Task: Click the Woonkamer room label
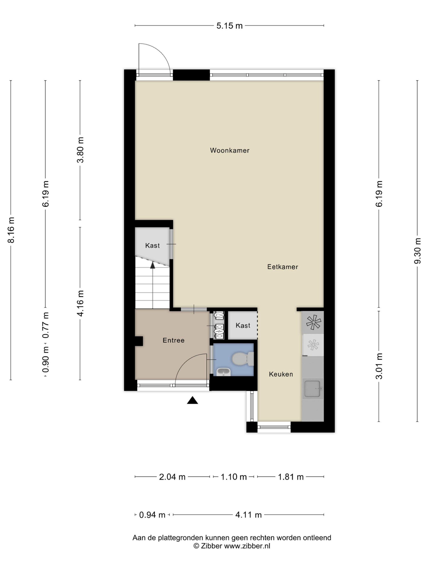(230, 150)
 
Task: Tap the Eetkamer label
(282, 267)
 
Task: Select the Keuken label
(281, 374)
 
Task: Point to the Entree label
(173, 340)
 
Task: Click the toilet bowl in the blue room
(243, 359)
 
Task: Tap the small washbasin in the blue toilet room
(223, 372)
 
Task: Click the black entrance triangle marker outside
(192, 400)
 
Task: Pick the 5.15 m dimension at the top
(229, 26)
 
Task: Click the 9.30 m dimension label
(417, 251)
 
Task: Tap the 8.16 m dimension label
(11, 230)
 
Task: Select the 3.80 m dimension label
(80, 150)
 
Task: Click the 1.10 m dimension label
(233, 477)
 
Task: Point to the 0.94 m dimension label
(152, 515)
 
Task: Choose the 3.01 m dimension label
(379, 366)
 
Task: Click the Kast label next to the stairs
(152, 246)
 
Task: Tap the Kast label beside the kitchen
(243, 325)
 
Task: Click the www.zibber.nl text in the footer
(247, 546)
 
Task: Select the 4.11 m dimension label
(249, 515)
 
